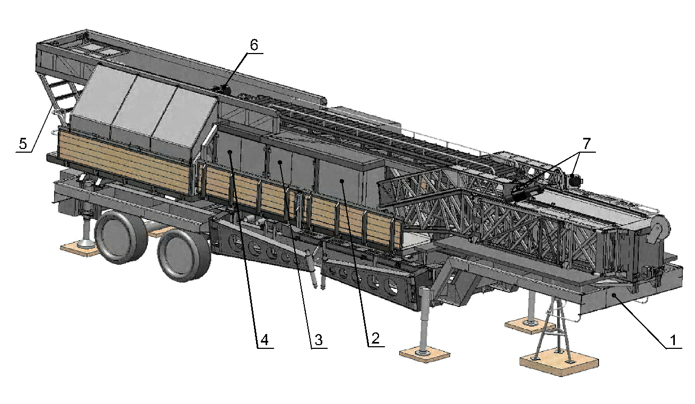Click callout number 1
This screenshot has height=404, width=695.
pyautogui.click(x=673, y=340)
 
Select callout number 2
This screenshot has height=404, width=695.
pyautogui.click(x=375, y=338)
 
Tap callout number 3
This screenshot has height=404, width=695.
pyautogui.click(x=319, y=340)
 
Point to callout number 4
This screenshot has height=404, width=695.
pyautogui.click(x=264, y=340)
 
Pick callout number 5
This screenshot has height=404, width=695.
pyautogui.click(x=23, y=144)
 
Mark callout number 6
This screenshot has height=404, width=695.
pyautogui.click(x=254, y=45)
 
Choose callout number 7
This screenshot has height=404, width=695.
pyautogui.click(x=586, y=144)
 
